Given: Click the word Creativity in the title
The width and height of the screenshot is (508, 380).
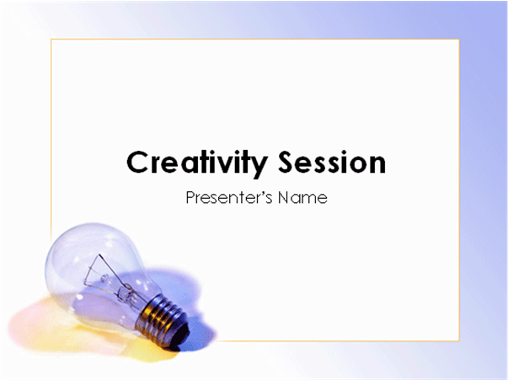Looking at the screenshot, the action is pos(197,163).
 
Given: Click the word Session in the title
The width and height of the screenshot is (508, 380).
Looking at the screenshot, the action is pos(332,162).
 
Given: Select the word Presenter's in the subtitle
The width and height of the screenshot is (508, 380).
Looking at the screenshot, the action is pos(229,197).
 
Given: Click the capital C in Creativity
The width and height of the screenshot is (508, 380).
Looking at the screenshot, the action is pos(138,162).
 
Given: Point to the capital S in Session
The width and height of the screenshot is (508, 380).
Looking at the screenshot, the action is pos(287,162).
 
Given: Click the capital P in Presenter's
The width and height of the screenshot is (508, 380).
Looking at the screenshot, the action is pos(191,197).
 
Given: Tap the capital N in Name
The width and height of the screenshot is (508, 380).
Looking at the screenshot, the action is pos(283,198).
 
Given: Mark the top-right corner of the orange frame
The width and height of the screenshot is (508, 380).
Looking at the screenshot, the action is pos(459,40).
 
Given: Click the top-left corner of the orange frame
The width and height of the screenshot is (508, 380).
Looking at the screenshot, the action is pos(51,40).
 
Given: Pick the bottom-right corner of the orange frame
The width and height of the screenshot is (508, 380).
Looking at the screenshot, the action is pos(459,340).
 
